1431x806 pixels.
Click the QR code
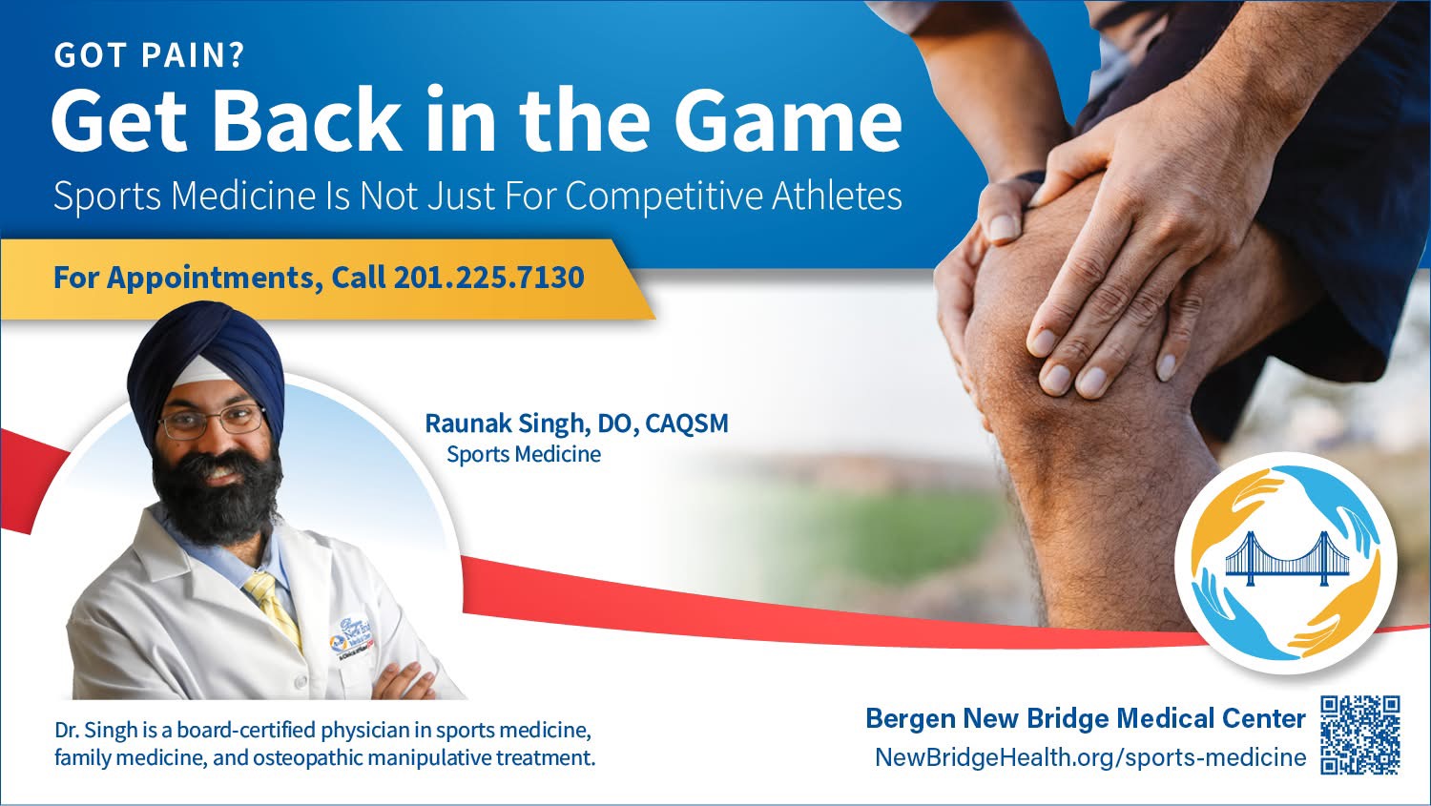pyautogui.click(x=1360, y=734)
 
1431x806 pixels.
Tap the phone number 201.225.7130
pyautogui.click(x=488, y=278)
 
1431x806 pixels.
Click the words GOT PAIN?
pyautogui.click(x=150, y=55)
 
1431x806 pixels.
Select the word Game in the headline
pyautogui.click(x=788, y=121)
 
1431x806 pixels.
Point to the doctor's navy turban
pyautogui.click(x=206, y=364)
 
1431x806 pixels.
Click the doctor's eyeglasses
pyautogui.click(x=212, y=423)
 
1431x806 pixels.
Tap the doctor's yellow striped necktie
pyautogui.click(x=274, y=607)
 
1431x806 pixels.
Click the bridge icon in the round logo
pyautogui.click(x=1287, y=559)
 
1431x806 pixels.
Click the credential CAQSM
pyautogui.click(x=687, y=424)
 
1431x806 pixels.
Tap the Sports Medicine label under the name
pyautogui.click(x=524, y=454)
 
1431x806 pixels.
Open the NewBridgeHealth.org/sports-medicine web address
pyautogui.click(x=1090, y=757)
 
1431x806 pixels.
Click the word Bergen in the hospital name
pyautogui.click(x=910, y=719)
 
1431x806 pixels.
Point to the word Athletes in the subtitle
pyautogui.click(x=837, y=196)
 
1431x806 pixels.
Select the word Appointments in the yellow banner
pyautogui.click(x=214, y=279)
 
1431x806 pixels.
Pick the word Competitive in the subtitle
pyautogui.click(x=664, y=196)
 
